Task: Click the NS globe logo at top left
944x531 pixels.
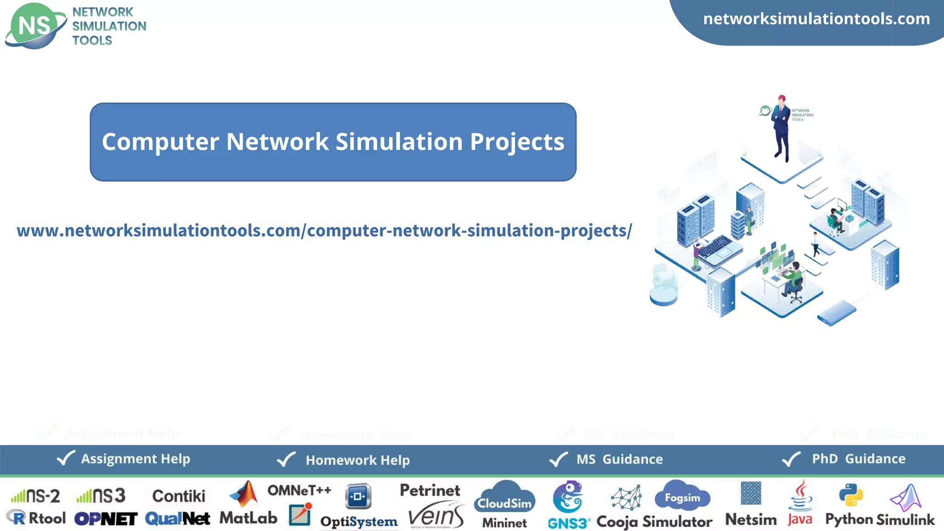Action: click(35, 26)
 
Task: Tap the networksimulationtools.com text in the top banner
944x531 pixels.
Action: click(816, 19)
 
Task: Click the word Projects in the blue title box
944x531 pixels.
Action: click(517, 142)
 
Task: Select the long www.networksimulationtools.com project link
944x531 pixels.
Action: click(324, 230)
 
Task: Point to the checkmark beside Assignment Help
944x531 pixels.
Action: click(65, 458)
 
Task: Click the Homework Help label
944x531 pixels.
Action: click(358, 460)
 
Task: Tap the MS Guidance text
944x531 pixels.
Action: click(619, 459)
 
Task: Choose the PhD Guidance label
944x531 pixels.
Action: click(858, 459)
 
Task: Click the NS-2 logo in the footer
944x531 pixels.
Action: click(35, 496)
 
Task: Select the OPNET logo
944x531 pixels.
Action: click(106, 519)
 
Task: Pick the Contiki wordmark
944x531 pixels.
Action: click(179, 496)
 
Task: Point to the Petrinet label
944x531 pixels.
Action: click(430, 490)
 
